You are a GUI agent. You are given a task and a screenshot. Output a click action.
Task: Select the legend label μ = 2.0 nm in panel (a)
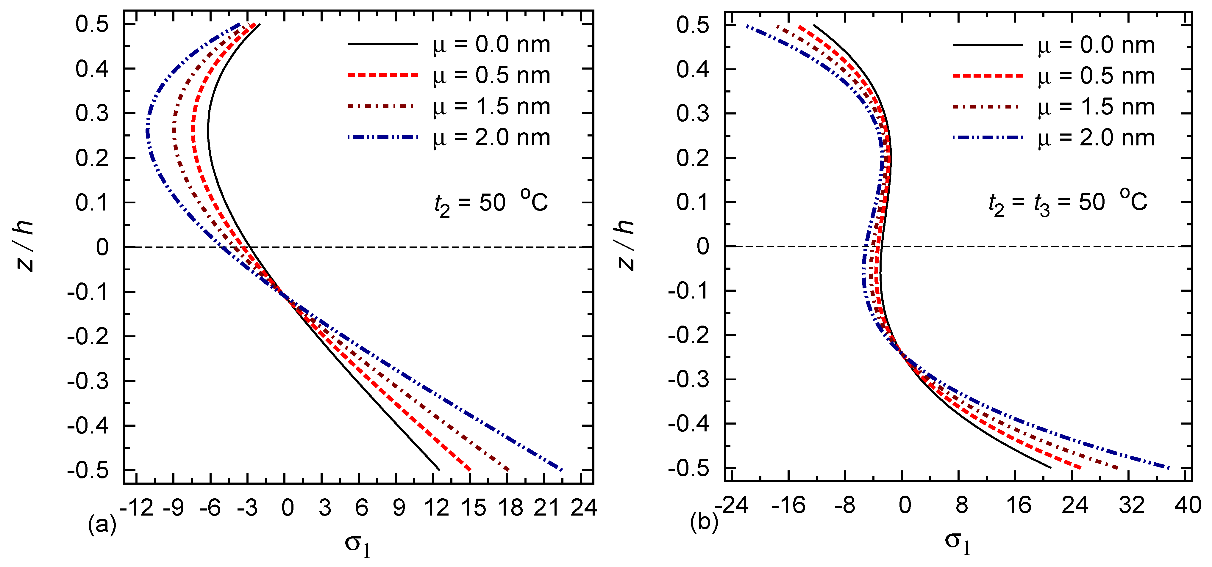click(x=492, y=138)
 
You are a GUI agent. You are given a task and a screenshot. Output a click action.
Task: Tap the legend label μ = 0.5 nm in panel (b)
click(x=1096, y=76)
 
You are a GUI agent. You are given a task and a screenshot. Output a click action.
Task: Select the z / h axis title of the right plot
click(x=626, y=245)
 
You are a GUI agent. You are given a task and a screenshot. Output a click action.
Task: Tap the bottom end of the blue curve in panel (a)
click(x=561, y=469)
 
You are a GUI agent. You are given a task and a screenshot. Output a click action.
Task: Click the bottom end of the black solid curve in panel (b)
click(x=1050, y=467)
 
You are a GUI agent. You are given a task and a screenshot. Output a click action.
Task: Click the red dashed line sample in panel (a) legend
click(x=382, y=75)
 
